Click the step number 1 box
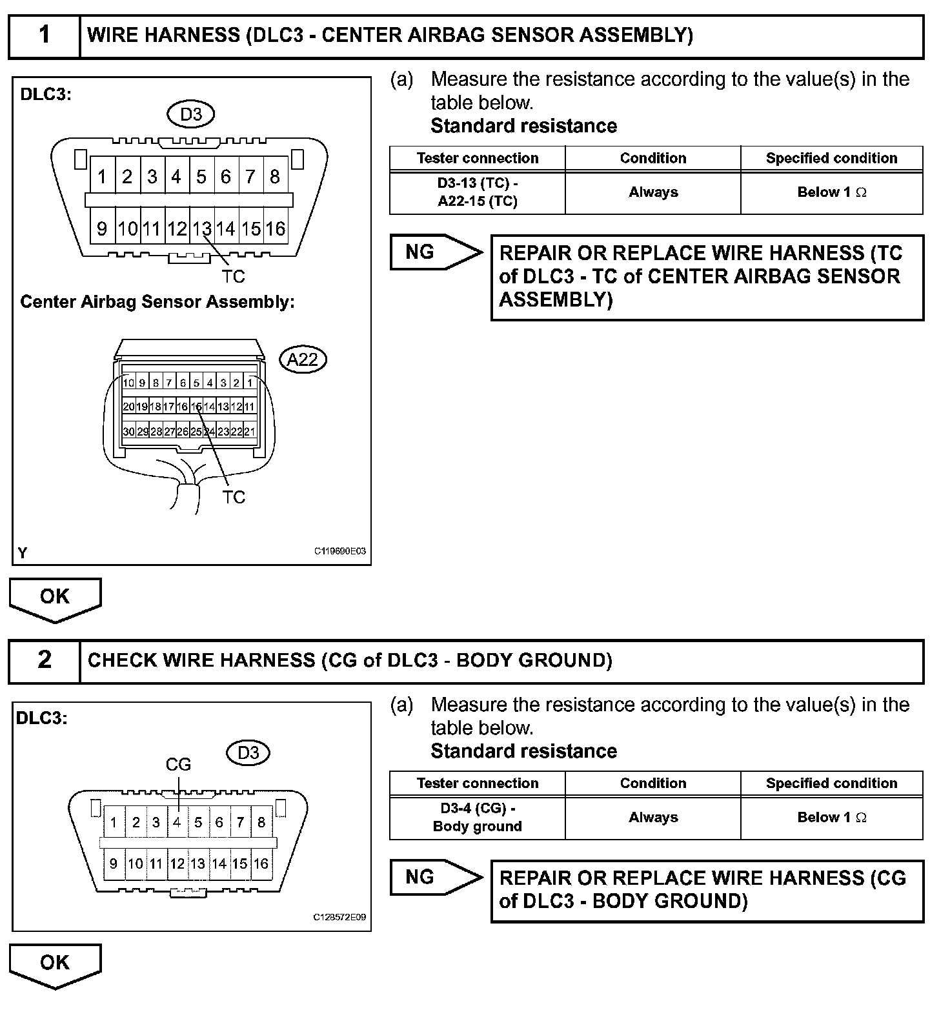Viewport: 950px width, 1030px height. (x=44, y=36)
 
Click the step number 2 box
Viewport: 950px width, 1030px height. (x=44, y=661)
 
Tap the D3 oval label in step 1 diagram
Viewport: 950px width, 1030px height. (x=191, y=115)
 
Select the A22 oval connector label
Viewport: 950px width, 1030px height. (x=303, y=359)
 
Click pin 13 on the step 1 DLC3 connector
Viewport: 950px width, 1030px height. (x=202, y=228)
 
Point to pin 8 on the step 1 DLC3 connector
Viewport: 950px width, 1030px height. (x=275, y=176)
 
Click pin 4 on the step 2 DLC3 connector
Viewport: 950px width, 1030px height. (x=177, y=822)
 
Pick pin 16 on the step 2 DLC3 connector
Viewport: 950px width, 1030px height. (x=261, y=863)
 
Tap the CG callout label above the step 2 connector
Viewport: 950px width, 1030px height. (x=178, y=765)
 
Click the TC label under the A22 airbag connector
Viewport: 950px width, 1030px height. (x=234, y=497)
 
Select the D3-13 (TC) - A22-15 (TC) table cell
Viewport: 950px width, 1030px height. (x=478, y=192)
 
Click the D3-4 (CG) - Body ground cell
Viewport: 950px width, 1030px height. (x=478, y=818)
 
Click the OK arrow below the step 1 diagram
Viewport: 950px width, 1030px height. (x=55, y=598)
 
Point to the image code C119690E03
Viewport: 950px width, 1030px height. (x=340, y=551)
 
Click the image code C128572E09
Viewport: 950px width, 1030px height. (x=339, y=917)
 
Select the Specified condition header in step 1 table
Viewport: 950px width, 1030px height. (x=831, y=158)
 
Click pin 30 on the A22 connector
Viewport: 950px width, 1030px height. (x=128, y=431)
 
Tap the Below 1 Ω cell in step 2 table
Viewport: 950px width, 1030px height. (x=831, y=818)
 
